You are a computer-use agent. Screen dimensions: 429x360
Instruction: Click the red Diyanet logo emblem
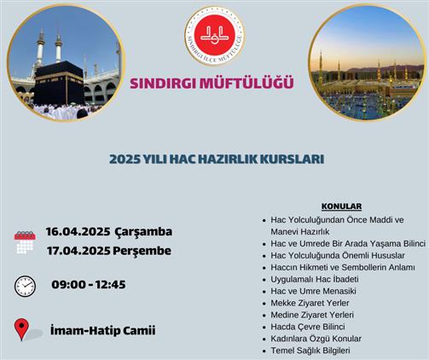(215, 36)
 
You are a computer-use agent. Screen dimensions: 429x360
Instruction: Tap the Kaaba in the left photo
(59, 83)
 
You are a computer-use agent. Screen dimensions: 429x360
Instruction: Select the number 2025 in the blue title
(125, 160)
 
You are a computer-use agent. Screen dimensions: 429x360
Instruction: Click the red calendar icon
(25, 242)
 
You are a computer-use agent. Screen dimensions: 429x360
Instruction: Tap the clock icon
(25, 286)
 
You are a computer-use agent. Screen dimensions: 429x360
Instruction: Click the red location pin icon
(22, 329)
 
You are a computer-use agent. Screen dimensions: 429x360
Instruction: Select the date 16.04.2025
(78, 232)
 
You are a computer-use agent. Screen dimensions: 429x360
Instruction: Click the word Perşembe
(142, 252)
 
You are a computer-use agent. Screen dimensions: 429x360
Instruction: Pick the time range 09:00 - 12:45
(89, 285)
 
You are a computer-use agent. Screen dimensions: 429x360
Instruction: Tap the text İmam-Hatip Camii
(103, 330)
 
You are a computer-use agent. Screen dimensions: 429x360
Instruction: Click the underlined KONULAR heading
(341, 206)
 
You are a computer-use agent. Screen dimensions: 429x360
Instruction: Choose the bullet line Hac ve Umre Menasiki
(313, 291)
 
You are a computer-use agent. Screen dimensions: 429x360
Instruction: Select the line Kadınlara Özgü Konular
(316, 339)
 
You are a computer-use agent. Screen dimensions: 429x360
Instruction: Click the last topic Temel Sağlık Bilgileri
(310, 351)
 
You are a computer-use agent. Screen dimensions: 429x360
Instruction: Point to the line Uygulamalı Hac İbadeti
(315, 279)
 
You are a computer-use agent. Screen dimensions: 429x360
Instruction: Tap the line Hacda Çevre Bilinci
(308, 327)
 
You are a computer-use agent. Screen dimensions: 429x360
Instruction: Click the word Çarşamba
(143, 232)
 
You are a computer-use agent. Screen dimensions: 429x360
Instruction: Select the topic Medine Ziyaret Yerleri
(312, 315)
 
